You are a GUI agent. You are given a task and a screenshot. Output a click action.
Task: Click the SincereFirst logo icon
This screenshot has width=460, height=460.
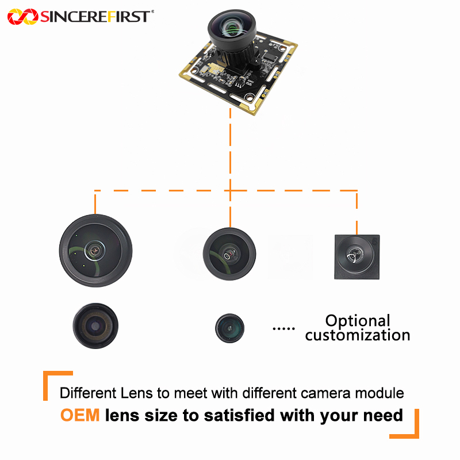point(22,17)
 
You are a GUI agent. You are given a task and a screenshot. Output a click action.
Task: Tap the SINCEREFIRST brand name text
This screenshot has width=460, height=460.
point(95,17)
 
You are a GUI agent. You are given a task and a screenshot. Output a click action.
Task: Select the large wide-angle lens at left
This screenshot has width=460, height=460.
point(95,250)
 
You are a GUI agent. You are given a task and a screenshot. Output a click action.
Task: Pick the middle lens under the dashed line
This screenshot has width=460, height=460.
point(229,254)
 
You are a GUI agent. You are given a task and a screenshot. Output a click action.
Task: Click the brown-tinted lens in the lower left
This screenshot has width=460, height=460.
point(95,326)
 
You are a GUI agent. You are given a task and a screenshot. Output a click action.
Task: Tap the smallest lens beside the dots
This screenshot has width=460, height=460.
point(229,328)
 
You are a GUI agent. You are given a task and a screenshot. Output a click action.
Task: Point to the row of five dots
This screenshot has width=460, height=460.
point(283,328)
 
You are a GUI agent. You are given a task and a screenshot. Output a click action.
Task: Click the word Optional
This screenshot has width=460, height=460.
point(358,320)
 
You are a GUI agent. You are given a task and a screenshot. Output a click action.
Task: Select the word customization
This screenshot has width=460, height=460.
point(358,335)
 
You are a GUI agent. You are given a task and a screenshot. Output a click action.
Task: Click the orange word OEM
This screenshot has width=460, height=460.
point(80,415)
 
